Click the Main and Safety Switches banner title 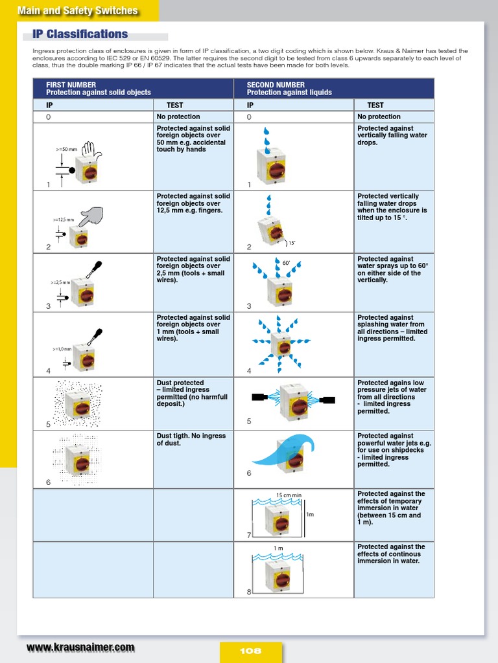point(77,10)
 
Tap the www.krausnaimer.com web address point(80,647)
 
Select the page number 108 point(250,651)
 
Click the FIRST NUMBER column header point(71,85)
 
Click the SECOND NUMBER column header point(276,85)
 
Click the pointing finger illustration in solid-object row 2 point(92,216)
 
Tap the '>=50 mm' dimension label point(66,149)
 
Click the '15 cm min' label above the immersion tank point(289,495)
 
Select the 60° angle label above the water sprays point(286,264)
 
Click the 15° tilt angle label point(291,243)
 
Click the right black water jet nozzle point(327,400)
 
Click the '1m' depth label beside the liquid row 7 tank point(310,515)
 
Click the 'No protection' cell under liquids point(379,117)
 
